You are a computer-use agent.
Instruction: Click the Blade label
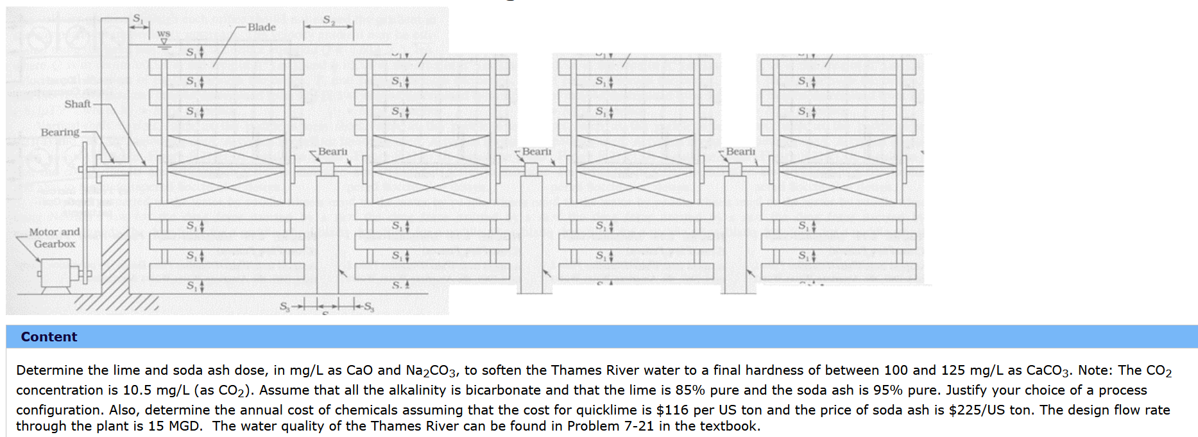pos(261,27)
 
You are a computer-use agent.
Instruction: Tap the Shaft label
pos(78,104)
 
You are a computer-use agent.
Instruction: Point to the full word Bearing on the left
pos(60,132)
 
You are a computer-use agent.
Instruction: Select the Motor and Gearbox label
pos(55,237)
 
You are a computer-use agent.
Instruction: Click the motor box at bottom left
pos(56,274)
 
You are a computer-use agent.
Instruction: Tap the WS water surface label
pos(164,33)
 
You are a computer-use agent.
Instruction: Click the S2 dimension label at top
pos(329,21)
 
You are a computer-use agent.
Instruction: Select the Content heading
pos(49,337)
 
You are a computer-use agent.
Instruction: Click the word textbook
pos(728,426)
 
